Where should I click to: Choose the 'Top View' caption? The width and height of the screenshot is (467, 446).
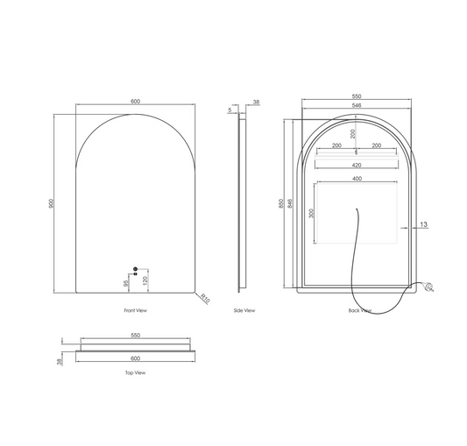(x=135, y=372)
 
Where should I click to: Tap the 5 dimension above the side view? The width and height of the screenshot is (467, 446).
(x=231, y=110)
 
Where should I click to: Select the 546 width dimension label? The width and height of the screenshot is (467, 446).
(x=357, y=105)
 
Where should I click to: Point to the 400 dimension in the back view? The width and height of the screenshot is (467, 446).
(x=357, y=179)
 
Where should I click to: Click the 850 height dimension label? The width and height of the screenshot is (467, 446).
(x=280, y=203)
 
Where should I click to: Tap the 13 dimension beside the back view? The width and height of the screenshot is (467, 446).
(x=423, y=225)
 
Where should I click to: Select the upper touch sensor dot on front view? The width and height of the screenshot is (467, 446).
(x=135, y=268)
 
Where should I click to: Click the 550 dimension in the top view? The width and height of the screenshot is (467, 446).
(x=135, y=336)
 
